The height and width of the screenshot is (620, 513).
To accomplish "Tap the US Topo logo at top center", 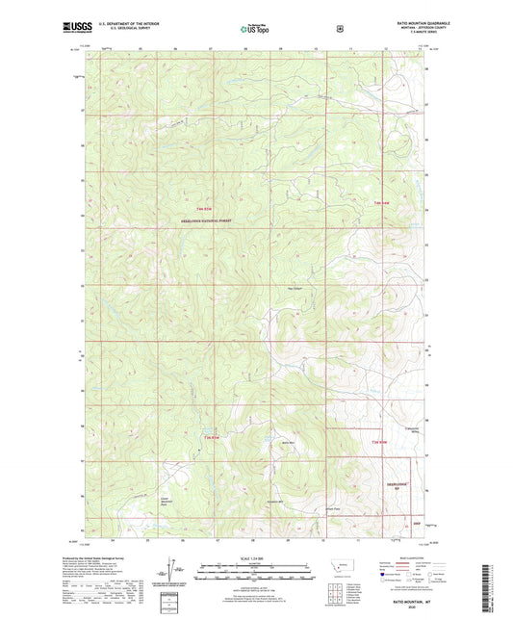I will pos(255,30).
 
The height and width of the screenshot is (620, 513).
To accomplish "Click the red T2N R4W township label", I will pos(379,441).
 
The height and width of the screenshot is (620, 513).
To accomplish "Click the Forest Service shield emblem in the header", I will pos(338,29).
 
